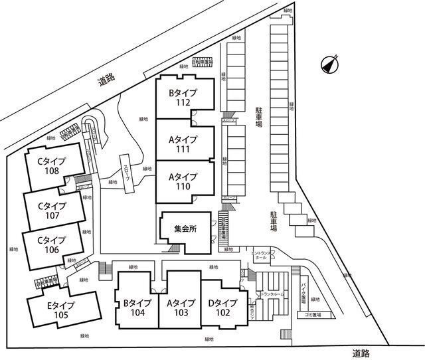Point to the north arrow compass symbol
point(328,64)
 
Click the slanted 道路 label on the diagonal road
point(106,80)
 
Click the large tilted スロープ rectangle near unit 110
point(127,173)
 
